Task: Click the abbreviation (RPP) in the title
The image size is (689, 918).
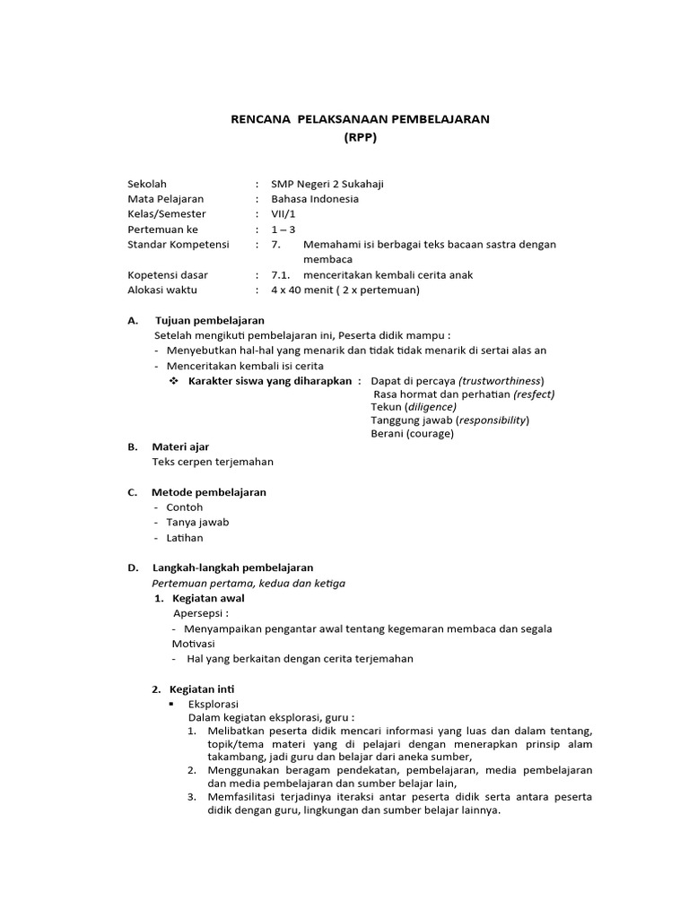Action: pyautogui.click(x=362, y=137)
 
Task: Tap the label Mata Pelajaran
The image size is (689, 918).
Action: pyautogui.click(x=166, y=199)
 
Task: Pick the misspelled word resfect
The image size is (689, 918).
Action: pyautogui.click(x=535, y=394)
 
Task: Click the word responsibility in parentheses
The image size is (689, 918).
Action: pyautogui.click(x=493, y=420)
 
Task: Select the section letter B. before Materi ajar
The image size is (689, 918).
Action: pyautogui.click(x=132, y=446)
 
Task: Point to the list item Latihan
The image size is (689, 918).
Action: pyautogui.click(x=185, y=538)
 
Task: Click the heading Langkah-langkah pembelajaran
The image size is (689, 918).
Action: pyautogui.click(x=232, y=567)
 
